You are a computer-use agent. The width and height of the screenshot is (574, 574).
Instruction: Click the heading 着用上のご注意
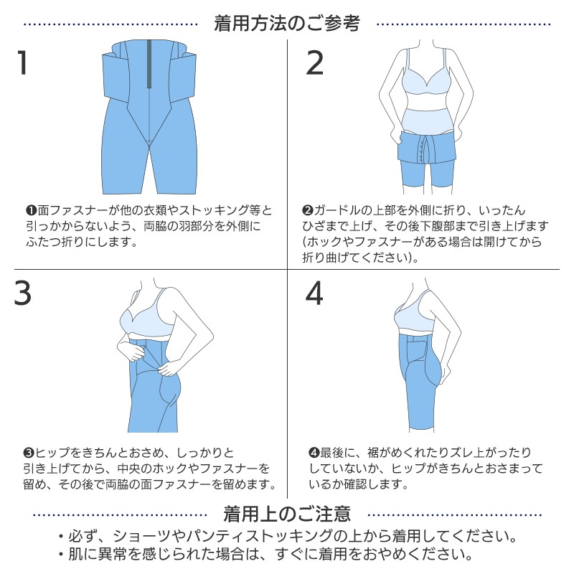click(x=286, y=514)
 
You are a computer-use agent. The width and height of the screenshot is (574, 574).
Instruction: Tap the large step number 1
click(x=23, y=63)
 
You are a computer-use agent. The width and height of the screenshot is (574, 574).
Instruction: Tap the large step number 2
click(x=315, y=63)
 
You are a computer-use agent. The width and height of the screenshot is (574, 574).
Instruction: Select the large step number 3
click(x=23, y=293)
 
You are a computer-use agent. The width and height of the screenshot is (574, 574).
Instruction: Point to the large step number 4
click(x=315, y=293)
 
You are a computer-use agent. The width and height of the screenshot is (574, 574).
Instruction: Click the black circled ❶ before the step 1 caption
click(x=30, y=211)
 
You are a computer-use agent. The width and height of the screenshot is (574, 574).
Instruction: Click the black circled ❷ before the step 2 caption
click(x=307, y=211)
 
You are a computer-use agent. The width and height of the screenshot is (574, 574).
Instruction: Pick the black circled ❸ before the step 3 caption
click(x=29, y=453)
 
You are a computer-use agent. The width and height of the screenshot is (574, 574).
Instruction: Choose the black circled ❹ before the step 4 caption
click(x=313, y=453)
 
